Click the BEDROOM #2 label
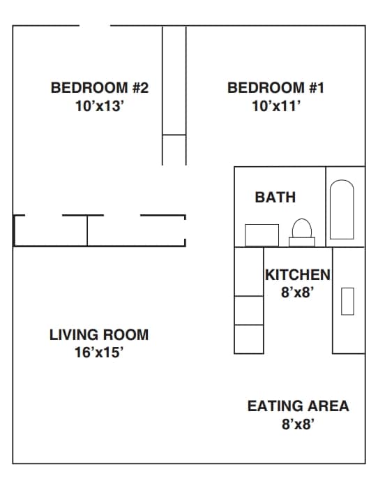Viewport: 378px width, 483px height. (x=100, y=88)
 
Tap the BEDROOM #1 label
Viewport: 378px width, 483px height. (x=276, y=88)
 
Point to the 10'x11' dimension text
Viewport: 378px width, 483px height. (x=276, y=107)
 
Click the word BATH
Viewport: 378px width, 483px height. (x=275, y=198)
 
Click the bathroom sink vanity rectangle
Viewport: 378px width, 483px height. (x=262, y=235)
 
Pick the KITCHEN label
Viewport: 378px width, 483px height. (x=297, y=275)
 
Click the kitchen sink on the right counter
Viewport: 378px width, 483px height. (x=347, y=301)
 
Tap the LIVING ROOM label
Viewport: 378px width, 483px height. (x=99, y=335)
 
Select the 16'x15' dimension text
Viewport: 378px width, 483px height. (x=99, y=353)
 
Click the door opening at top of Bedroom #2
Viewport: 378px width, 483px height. (x=94, y=26)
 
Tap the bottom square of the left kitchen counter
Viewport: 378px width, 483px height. (x=248, y=339)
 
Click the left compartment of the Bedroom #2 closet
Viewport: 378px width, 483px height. (x=50, y=231)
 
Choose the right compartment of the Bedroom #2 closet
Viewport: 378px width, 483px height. (x=136, y=231)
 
